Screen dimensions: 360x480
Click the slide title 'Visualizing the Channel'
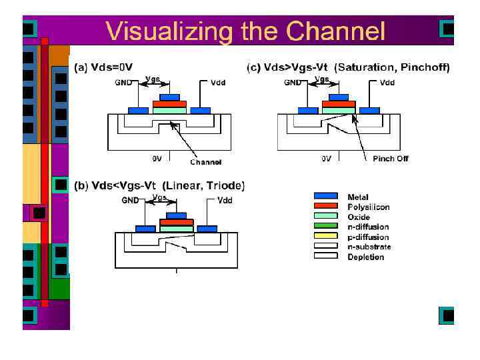245,31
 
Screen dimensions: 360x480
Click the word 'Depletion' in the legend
365,257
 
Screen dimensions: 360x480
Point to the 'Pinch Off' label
390,159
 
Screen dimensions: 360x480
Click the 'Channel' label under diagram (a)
205,162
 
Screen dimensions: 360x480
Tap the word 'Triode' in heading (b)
224,185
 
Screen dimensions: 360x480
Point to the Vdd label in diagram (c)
387,83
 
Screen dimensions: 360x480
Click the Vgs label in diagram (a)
153,79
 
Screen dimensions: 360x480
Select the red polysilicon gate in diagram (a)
169,104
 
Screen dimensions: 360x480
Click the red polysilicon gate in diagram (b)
176,222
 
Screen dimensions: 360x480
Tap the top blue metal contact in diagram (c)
339,97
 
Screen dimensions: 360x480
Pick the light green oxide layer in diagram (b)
176,229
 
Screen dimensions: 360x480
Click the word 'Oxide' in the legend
359,217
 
